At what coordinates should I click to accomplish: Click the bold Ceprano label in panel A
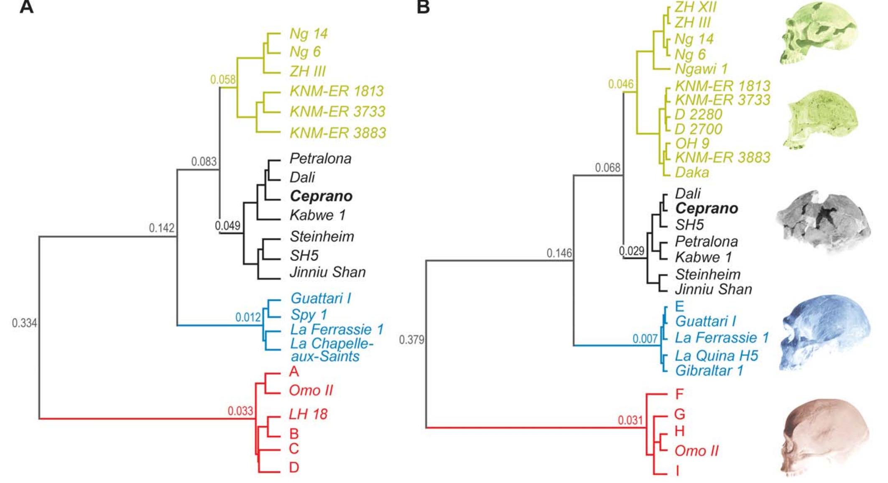321,196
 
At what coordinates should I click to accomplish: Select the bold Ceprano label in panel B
707,208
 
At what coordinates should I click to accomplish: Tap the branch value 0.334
24,323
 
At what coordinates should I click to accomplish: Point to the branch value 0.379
411,340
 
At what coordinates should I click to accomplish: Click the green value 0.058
223,79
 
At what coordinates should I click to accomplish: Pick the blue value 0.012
248,317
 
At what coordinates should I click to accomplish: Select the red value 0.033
240,411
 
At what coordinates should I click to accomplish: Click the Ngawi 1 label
701,69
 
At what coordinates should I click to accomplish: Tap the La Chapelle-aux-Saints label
331,350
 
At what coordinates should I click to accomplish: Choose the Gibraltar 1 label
709,371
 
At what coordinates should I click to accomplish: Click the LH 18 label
308,414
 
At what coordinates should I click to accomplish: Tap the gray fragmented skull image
823,222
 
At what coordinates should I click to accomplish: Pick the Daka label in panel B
692,172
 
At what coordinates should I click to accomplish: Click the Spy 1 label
309,314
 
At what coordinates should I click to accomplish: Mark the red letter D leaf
294,467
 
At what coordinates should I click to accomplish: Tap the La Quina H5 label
716,355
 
